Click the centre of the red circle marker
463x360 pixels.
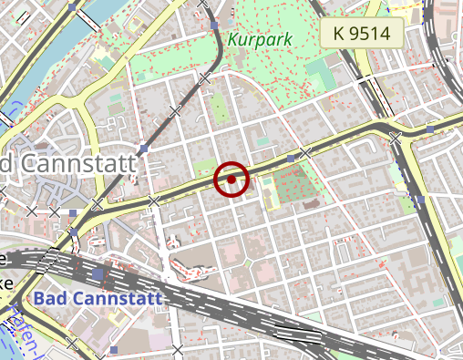[231, 180]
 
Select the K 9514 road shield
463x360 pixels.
[361, 34]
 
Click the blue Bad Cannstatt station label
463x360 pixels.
[98, 298]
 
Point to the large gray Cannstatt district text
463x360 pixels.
[69, 164]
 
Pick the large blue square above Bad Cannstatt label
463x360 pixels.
[98, 273]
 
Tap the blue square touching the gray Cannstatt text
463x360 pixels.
[144, 148]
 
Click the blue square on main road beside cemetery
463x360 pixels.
[291, 159]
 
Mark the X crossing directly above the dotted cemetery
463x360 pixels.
[306, 151]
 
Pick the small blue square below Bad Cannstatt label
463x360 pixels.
[114, 349]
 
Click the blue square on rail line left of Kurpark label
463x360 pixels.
[211, 26]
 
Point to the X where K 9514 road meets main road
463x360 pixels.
[396, 139]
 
